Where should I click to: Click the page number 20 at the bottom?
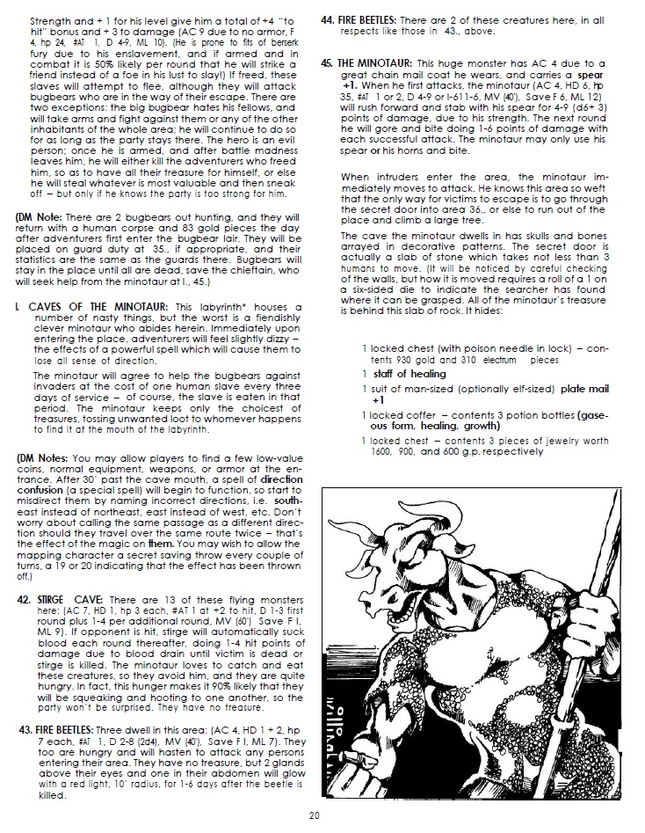(x=314, y=816)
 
